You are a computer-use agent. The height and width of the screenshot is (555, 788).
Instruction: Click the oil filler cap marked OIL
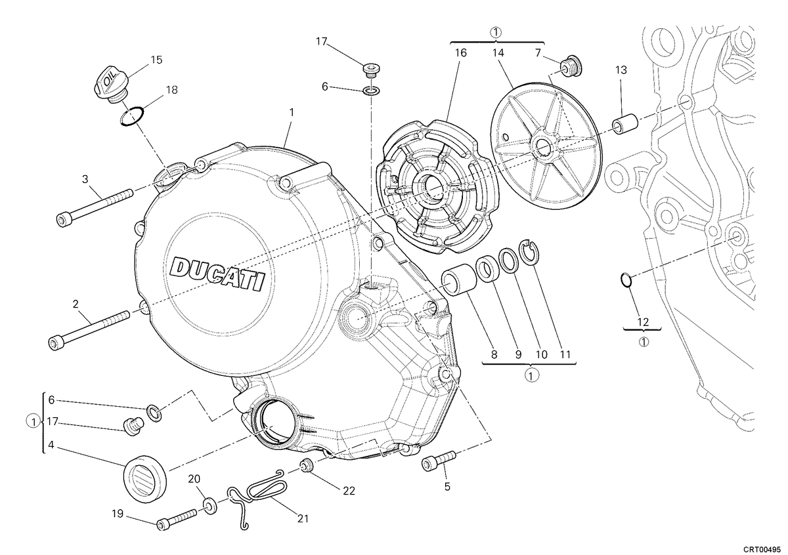(x=110, y=85)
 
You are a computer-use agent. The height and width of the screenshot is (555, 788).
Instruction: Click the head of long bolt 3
(x=62, y=219)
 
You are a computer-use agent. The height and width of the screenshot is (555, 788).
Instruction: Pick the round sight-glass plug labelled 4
(x=144, y=478)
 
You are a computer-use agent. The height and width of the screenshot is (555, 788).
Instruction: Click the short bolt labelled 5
(x=439, y=461)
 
